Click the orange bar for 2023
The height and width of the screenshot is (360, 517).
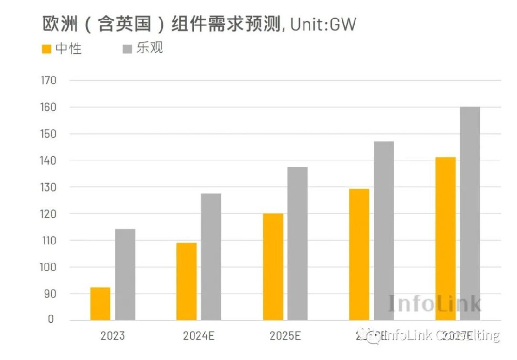pos(100,304)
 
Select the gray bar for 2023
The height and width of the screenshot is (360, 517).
pos(125,275)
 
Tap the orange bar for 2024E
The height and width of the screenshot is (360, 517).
pos(186,281)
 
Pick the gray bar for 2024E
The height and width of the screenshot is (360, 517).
pos(211,257)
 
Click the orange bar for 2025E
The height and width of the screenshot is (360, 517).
pos(273,267)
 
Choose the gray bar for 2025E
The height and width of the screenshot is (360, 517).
pos(297,244)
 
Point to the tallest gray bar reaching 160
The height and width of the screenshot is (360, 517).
pos(470,214)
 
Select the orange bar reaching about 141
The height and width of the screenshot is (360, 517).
pos(445,238)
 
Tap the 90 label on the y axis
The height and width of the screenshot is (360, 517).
pos(50,294)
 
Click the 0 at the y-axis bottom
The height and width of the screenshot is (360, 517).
pos(51,320)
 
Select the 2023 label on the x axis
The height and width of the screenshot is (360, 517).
pos(112,336)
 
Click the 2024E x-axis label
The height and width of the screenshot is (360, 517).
pos(199,336)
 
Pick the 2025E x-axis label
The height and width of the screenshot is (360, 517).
pos(285,336)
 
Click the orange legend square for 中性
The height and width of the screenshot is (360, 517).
pos(47,50)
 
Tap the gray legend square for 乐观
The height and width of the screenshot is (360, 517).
pos(127,50)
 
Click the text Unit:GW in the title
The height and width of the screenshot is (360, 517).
pos(323,24)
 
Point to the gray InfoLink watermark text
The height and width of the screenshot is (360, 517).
pos(435,304)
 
